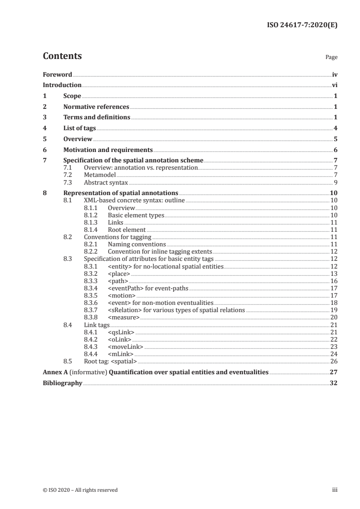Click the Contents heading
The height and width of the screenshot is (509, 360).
coord(62,56)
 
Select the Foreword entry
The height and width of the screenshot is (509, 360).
coord(57,74)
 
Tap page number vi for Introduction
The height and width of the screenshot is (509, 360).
coord(335,85)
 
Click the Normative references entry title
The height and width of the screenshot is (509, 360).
coord(96,107)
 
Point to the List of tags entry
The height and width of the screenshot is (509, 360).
coord(79,128)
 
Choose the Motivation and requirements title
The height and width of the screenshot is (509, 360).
coord(108,150)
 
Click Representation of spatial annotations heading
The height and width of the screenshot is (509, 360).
coord(120,193)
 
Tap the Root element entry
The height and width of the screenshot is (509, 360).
coord(127,230)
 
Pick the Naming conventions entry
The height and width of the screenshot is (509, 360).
coord(137,244)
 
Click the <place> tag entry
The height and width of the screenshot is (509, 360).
coord(119,274)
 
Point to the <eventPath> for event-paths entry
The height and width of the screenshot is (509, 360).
coord(147,288)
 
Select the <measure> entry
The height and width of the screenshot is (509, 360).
coord(123,318)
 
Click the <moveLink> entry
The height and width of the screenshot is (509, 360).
coord(125,347)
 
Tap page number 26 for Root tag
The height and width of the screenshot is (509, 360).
coord(334,361)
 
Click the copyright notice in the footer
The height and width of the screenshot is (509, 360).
coord(80,490)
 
